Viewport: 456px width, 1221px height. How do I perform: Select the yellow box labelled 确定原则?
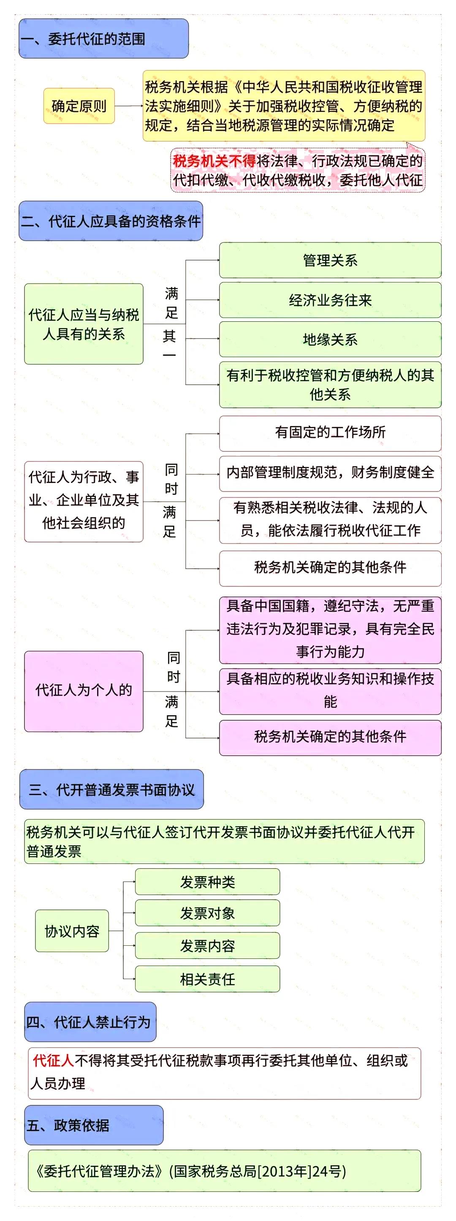coord(79,106)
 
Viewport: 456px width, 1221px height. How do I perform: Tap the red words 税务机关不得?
coord(214,161)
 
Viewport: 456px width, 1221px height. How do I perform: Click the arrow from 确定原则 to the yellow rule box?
coord(128,106)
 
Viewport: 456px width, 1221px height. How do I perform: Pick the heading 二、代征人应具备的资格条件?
coord(111,221)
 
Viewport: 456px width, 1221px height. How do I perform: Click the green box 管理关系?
coord(330,260)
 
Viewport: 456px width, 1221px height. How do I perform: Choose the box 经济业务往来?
coord(330,300)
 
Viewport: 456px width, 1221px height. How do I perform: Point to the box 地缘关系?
coord(330,339)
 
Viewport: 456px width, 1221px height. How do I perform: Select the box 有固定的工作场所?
coord(330,432)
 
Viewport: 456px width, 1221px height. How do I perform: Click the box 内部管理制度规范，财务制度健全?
coord(330,472)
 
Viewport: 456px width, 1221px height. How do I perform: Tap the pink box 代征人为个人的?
coord(84,690)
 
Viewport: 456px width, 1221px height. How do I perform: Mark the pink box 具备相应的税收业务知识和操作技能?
coord(330,690)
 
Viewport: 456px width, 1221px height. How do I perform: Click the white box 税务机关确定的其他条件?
coord(330,567)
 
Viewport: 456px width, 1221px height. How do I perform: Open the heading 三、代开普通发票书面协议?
coord(111,790)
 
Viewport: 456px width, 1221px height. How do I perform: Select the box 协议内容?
coord(72,931)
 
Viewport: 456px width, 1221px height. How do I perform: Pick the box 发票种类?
coord(207,882)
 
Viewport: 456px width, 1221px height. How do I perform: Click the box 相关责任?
coord(207,979)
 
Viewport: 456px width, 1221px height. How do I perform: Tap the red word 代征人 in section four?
coord(53,1060)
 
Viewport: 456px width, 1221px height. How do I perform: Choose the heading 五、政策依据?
coord(93,1125)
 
